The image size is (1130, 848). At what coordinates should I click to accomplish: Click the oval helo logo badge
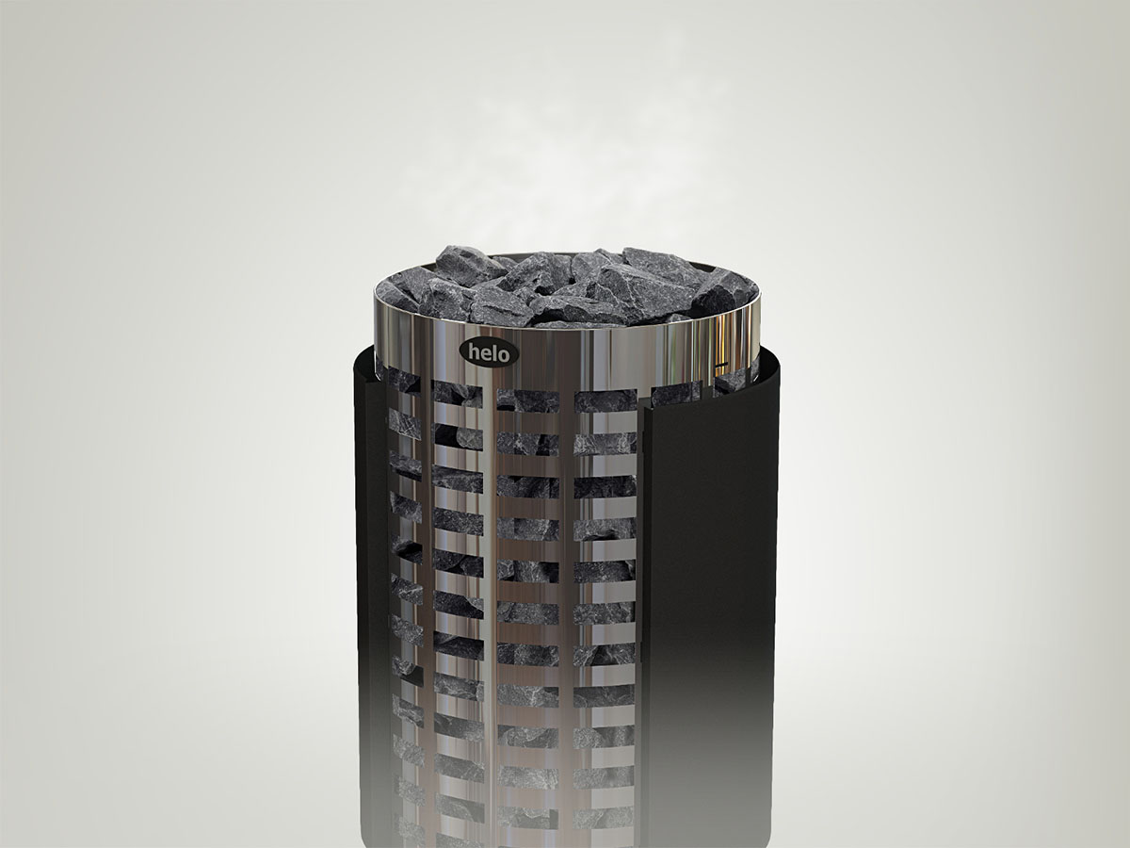489,353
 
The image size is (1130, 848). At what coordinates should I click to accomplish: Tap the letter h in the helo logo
474,352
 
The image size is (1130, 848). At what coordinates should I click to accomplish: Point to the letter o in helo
503,355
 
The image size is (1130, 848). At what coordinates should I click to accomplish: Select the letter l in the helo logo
493,353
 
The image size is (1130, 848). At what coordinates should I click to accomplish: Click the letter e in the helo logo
486,354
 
